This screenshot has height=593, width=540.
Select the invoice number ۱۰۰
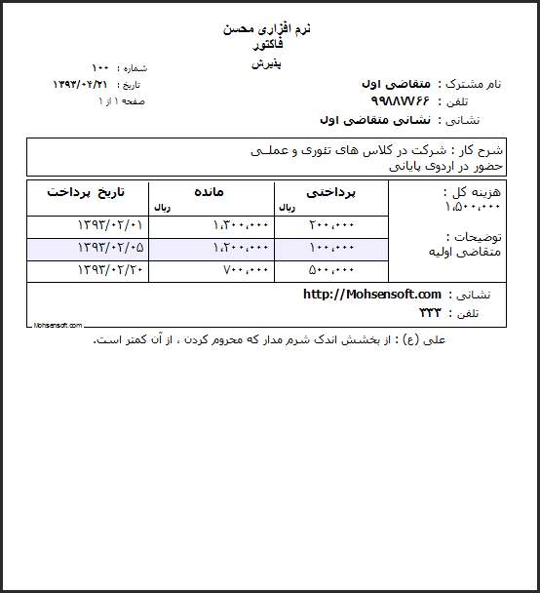pos(100,68)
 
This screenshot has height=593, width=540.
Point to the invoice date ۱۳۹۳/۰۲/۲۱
pos(80,85)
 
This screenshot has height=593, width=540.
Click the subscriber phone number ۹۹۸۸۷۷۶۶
pos(401,101)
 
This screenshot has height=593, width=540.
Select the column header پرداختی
pos(331,192)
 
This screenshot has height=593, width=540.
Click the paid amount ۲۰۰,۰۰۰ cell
pos(331,225)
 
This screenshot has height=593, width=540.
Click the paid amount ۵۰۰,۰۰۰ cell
pos(331,270)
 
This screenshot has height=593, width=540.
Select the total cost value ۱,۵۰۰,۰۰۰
pos(473,208)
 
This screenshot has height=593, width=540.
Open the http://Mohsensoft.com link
pos(372,295)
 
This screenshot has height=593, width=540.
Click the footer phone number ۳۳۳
pos(430,313)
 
